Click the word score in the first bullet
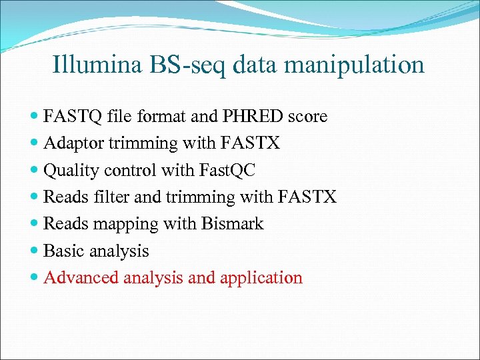[307, 116]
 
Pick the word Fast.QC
[227, 171]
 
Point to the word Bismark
[235, 224]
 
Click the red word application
[261, 278]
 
